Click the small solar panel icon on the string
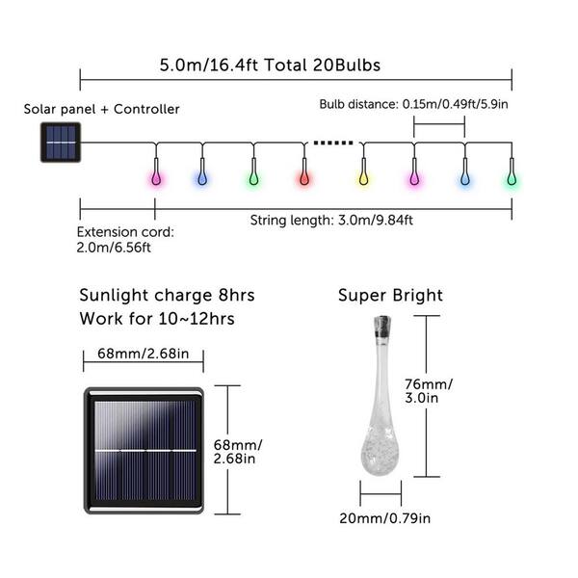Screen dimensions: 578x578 61,143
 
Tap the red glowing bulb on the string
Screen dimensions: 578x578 304,179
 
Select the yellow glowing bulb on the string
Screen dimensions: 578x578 363,179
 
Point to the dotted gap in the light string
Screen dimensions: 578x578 333,143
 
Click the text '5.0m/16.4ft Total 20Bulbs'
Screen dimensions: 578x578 270,65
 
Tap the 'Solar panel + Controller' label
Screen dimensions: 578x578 101,109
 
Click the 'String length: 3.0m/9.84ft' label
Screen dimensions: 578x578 331,221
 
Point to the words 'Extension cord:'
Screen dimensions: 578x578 125,232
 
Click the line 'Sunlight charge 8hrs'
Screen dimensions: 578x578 167,296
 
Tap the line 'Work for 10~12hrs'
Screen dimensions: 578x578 157,319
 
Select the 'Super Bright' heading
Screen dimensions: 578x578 390,296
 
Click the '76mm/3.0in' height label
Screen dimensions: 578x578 429,391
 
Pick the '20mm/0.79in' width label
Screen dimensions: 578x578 384,518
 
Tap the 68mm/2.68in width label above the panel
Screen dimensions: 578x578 143,354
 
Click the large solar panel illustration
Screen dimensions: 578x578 144,451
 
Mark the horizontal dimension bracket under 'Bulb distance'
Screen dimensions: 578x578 439,125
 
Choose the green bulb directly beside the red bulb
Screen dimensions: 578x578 253,179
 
